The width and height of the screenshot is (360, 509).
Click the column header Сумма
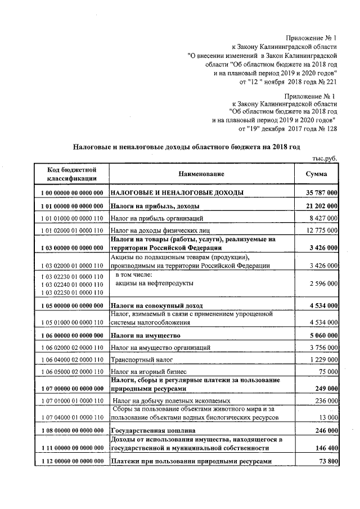click(317, 174)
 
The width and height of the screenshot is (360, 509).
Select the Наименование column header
click(201, 174)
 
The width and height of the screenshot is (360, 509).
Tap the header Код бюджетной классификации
click(71, 174)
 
